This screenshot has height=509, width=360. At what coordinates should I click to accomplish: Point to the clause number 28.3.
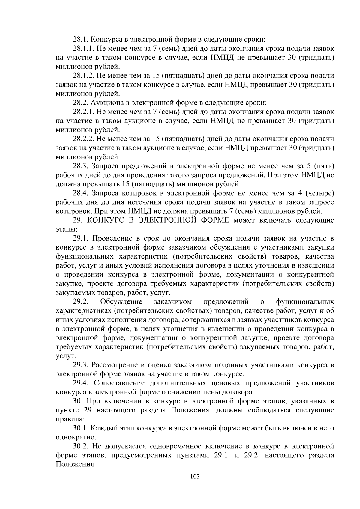(80, 166)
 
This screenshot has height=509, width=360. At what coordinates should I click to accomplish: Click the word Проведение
(112, 238)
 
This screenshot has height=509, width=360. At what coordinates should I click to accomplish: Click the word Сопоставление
(118, 383)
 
